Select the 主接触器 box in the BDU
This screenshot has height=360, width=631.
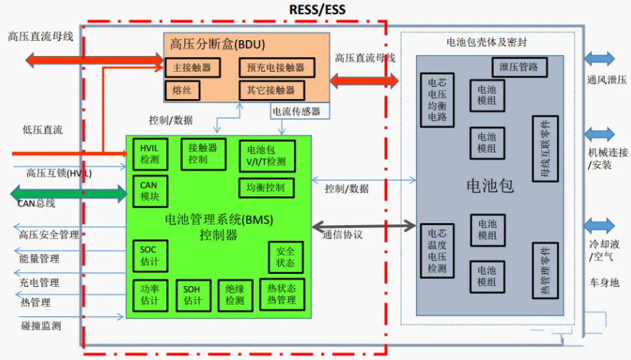(x=192, y=68)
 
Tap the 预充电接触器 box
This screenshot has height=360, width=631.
(x=276, y=68)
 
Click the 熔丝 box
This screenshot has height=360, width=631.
(x=181, y=90)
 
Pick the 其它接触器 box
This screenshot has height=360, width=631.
(x=271, y=90)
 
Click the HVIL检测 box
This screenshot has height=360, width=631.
(x=150, y=154)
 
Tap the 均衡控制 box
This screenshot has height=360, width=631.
(x=265, y=188)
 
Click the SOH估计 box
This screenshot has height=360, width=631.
(x=193, y=295)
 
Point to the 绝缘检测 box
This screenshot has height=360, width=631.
(x=234, y=295)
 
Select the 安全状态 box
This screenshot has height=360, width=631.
(x=285, y=257)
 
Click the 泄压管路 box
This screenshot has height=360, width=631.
(x=520, y=67)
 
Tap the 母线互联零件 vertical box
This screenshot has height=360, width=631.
(x=545, y=148)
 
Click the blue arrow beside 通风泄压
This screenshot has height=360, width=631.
(x=599, y=59)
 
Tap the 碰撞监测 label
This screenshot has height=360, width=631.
(x=41, y=326)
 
